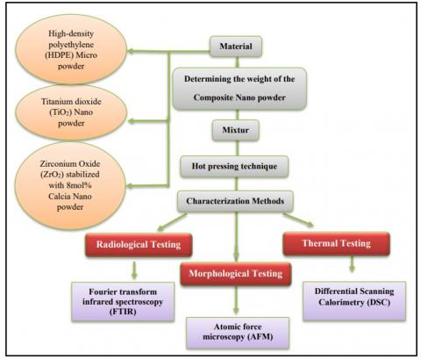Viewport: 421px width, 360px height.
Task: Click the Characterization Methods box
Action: [233, 201]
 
